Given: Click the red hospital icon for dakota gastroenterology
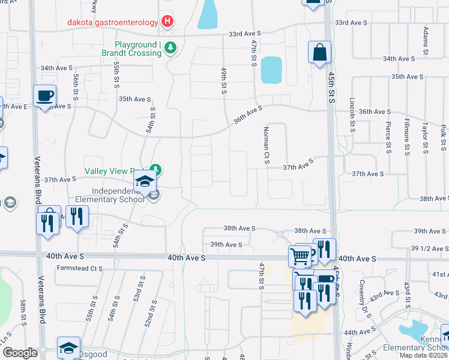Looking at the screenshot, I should tap(167, 22).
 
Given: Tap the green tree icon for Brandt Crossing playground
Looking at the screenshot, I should tap(170, 47).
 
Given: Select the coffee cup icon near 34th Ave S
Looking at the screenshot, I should tap(45, 96).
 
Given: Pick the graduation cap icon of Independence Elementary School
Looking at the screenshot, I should tap(144, 181).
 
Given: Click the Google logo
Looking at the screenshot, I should tap(20, 352).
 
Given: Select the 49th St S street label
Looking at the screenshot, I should tap(223, 80).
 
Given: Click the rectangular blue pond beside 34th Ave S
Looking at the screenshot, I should tap(271, 70).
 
